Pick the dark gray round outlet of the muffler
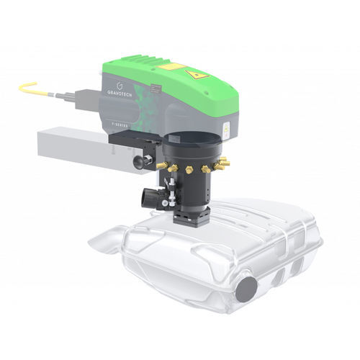click(247, 289)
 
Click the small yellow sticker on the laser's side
click(225, 130)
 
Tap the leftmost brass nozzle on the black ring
click(171, 166)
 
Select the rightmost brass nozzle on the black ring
click(225, 164)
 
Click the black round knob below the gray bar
click(144, 163)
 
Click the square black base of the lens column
click(190, 216)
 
